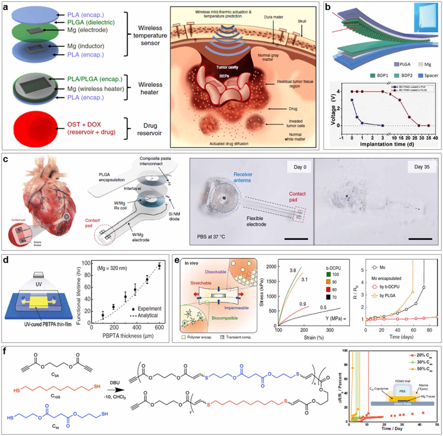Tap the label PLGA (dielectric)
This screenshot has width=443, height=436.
point(91,22)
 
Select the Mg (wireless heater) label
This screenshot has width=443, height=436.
point(96,89)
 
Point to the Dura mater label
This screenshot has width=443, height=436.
point(274,17)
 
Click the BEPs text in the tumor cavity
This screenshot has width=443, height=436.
point(224,76)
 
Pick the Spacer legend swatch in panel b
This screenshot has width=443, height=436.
point(421,76)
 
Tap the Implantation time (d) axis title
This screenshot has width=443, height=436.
point(387,144)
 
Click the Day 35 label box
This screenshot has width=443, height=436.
point(422,167)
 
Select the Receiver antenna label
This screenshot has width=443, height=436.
point(243,177)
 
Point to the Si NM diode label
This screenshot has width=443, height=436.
point(174,216)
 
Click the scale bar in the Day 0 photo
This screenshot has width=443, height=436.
point(296,239)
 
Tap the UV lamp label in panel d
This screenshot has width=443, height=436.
point(39,284)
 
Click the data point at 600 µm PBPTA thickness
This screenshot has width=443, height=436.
point(159,266)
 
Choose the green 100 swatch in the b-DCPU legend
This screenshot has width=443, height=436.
point(328,275)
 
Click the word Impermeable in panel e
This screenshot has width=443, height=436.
point(236,308)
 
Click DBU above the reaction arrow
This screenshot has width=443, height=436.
point(115,383)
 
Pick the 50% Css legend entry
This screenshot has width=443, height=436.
point(421,369)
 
